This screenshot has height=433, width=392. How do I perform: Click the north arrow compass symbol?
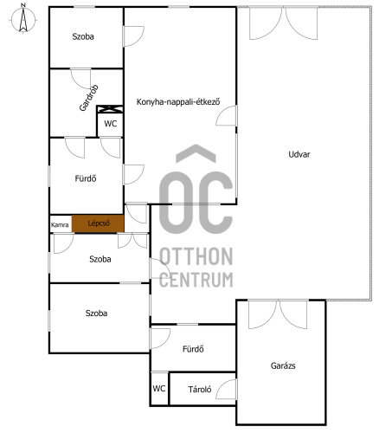point(23,19)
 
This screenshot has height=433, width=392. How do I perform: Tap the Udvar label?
point(299,154)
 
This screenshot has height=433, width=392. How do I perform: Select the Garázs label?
point(283,365)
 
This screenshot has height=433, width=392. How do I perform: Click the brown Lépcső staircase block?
point(98,223)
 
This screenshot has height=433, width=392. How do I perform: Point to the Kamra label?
point(60,225)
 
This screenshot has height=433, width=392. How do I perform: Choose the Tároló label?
point(200,390)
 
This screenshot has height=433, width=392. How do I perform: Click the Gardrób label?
point(89,98)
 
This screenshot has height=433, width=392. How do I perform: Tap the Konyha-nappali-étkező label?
point(178,102)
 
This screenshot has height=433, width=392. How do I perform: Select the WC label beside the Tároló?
point(159,388)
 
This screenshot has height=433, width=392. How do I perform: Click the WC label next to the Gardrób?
point(111,124)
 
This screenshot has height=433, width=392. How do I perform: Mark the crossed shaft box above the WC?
point(110,109)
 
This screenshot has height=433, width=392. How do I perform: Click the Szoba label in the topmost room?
point(83,36)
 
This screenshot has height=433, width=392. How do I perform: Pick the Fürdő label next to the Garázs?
point(193,349)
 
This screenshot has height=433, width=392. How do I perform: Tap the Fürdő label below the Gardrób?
point(86,178)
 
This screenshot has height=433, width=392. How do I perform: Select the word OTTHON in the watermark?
point(196,256)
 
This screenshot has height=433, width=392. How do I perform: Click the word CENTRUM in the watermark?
point(196,280)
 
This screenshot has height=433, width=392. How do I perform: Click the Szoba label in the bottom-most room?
point(96,313)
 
